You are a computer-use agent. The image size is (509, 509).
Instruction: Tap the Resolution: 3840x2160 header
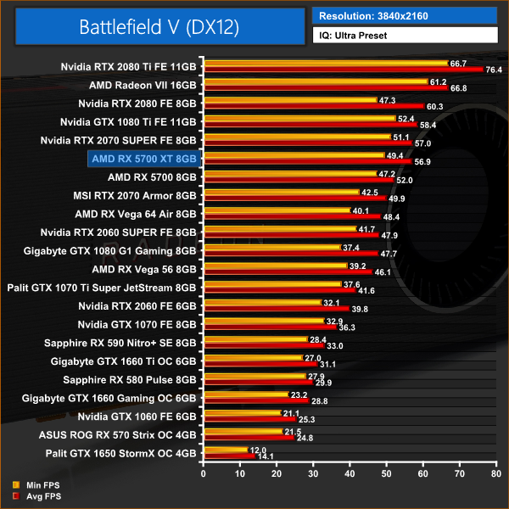point(373,15)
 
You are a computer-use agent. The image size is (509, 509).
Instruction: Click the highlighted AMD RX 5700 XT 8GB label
point(143,158)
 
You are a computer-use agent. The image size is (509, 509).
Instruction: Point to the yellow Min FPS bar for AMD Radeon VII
point(315,82)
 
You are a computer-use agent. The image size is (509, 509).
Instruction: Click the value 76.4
point(494,70)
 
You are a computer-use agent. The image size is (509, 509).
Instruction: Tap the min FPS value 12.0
point(259,450)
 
